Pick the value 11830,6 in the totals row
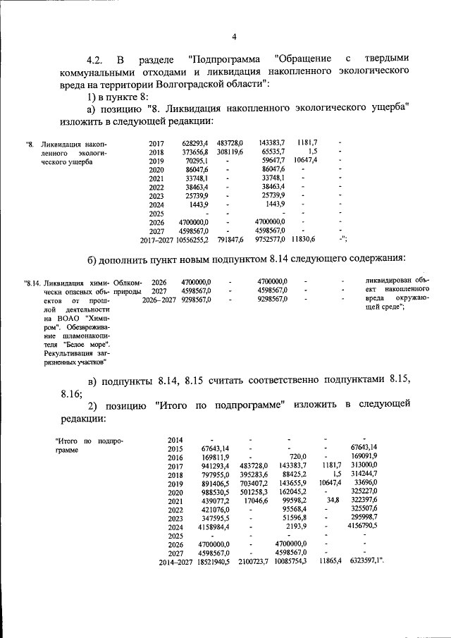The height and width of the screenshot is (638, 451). click(305, 240)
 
